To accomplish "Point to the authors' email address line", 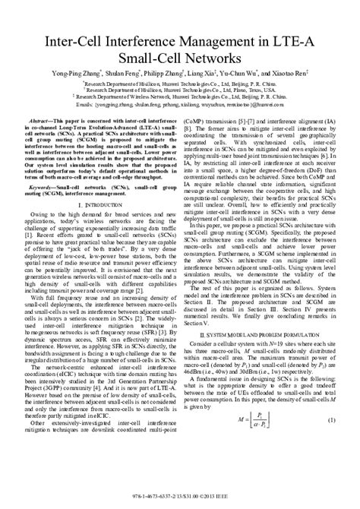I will click(179, 105).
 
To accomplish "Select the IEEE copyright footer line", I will click(179, 501).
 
